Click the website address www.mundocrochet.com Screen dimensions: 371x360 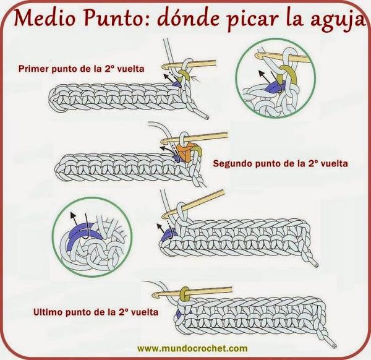[192, 348]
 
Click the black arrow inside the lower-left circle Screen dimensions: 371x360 [74, 218]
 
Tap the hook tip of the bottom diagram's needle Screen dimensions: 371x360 [155, 296]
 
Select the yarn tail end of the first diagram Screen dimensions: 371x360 [207, 118]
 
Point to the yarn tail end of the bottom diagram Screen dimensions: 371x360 [334, 345]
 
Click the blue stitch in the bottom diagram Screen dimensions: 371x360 [179, 314]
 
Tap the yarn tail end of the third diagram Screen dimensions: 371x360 [316, 265]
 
